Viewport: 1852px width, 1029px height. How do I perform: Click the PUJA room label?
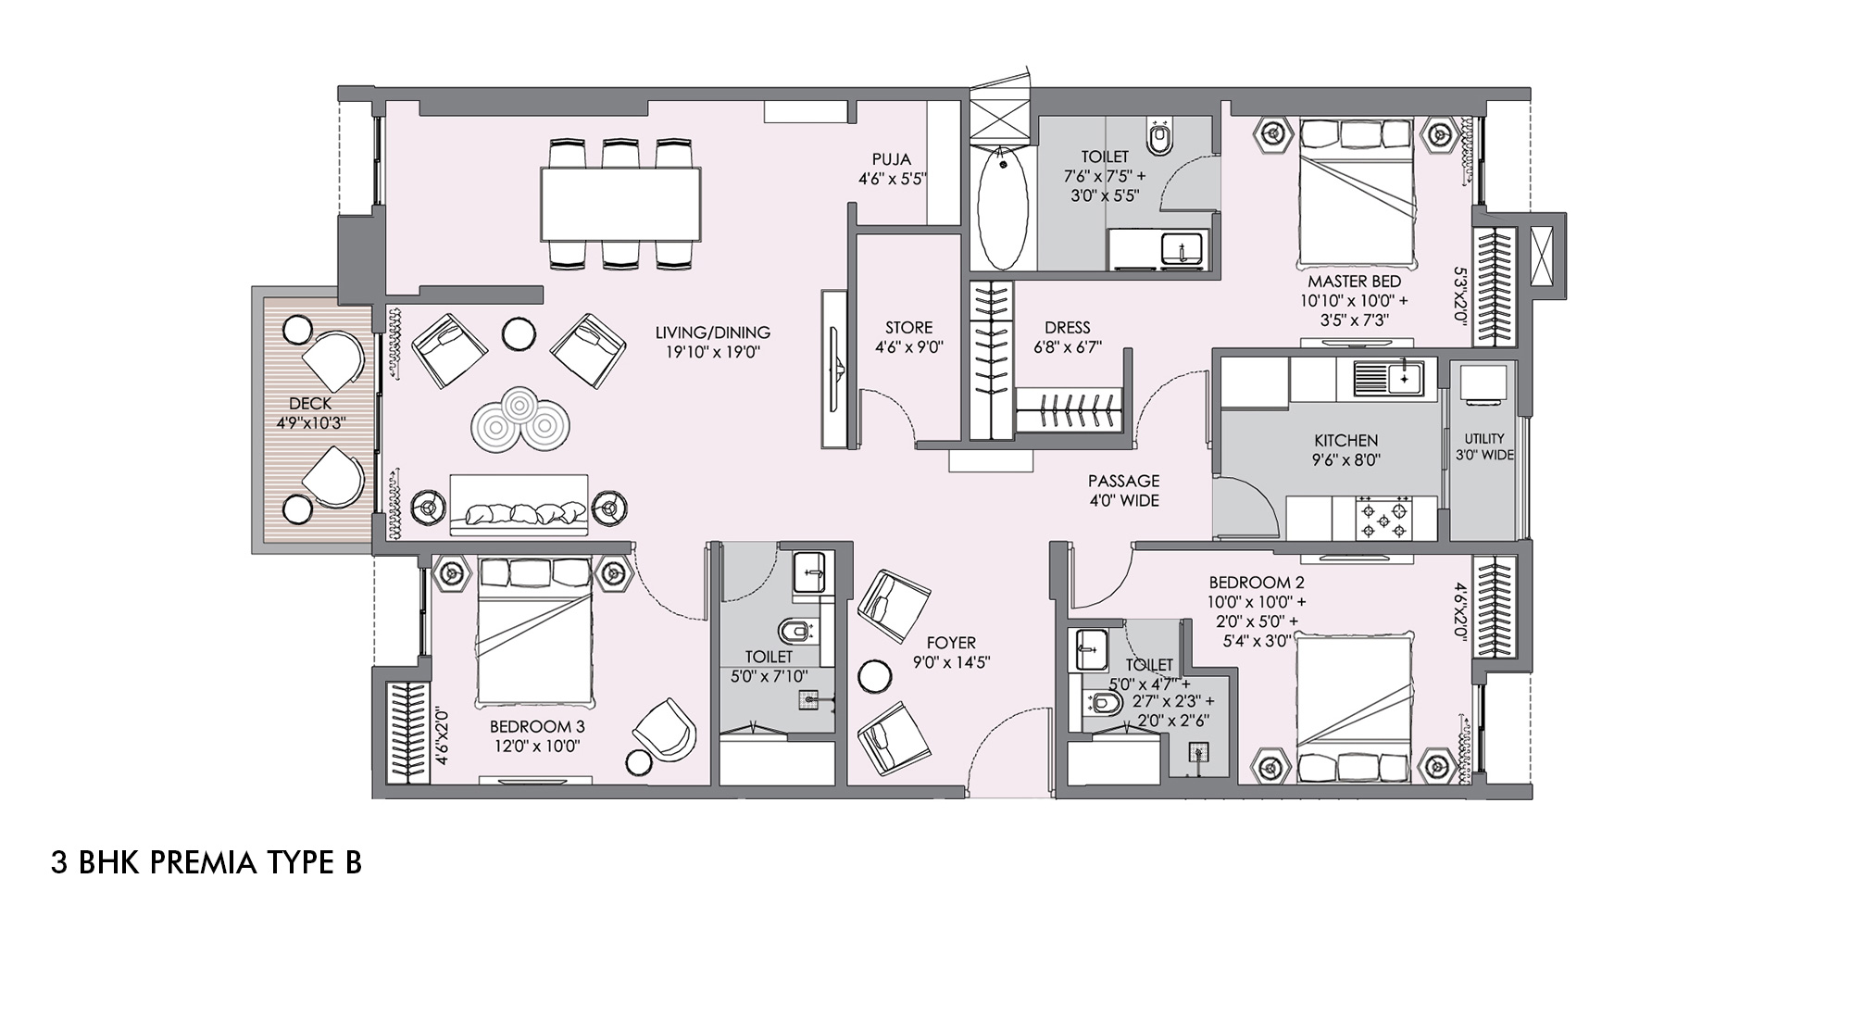tap(891, 159)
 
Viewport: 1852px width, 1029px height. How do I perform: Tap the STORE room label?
tap(908, 328)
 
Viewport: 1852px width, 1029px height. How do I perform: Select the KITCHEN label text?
tap(1345, 441)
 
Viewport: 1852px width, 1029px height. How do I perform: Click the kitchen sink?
tap(1389, 378)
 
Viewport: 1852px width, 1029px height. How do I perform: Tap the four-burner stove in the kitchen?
tap(1383, 519)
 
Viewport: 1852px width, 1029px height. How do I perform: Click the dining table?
tap(620, 204)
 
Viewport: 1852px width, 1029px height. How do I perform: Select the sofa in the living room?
tap(519, 506)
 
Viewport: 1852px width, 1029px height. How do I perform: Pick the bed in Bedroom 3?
tap(534, 630)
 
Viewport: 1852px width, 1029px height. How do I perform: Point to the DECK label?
tap(310, 404)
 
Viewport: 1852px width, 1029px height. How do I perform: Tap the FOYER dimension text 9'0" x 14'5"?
tap(951, 663)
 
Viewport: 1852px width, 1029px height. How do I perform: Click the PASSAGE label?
tap(1123, 482)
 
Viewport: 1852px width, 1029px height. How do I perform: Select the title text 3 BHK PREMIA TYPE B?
tap(206, 863)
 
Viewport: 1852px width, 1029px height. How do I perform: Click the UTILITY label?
tap(1484, 439)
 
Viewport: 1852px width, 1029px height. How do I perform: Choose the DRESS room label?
tap(1067, 328)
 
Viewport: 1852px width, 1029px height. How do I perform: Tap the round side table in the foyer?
tap(873, 675)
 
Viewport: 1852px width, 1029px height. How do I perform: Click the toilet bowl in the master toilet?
tap(1158, 138)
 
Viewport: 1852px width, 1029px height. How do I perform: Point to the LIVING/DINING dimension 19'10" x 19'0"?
tap(712, 352)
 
